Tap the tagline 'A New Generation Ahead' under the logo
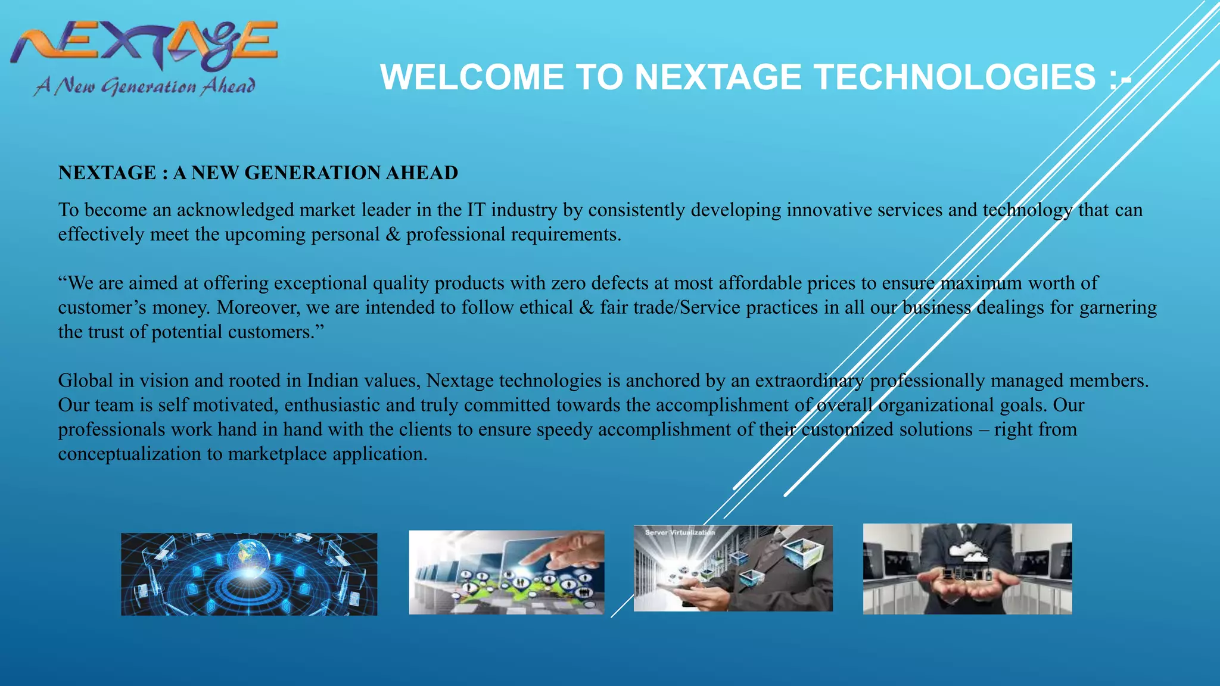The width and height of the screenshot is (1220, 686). pos(145,87)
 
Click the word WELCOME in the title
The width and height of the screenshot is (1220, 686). pos(471,77)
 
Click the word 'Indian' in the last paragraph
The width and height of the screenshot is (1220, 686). pos(335,381)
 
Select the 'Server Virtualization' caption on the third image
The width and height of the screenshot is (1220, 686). pos(679,532)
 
